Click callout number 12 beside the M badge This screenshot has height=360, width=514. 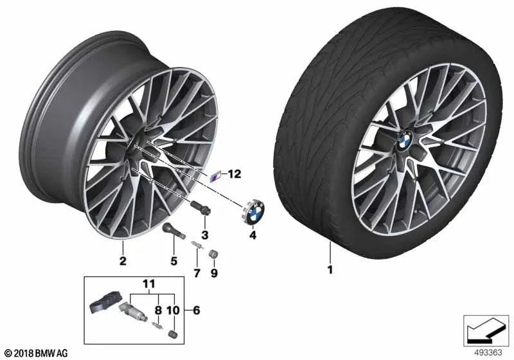tap(235, 174)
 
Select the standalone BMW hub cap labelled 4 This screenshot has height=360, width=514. tap(254, 212)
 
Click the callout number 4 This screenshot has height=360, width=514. tap(253, 235)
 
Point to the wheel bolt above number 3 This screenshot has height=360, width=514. tap(200, 208)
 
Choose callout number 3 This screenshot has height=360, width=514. tap(205, 235)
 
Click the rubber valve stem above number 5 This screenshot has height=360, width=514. tap(173, 231)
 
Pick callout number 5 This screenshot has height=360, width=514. tap(173, 261)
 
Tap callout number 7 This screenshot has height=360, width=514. tap(197, 273)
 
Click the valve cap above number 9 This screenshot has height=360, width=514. tap(214, 255)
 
